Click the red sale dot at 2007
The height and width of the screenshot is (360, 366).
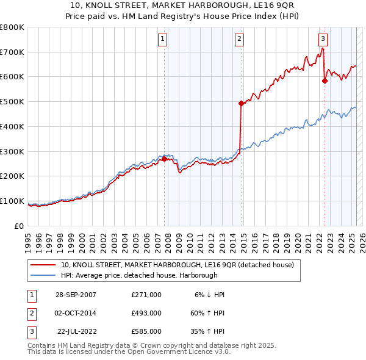(x=164, y=159)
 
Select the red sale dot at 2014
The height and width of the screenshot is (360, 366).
(x=241, y=104)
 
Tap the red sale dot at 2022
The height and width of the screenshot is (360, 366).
(x=325, y=80)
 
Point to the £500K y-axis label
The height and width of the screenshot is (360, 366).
(x=12, y=101)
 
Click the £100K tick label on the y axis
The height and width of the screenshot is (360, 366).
(x=12, y=201)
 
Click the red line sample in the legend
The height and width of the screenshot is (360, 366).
(x=43, y=265)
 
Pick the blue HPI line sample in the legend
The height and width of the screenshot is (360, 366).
(x=43, y=275)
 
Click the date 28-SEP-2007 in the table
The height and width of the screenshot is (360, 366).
(x=76, y=294)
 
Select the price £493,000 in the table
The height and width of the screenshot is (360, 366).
(x=146, y=313)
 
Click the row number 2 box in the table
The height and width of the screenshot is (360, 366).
(x=31, y=313)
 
